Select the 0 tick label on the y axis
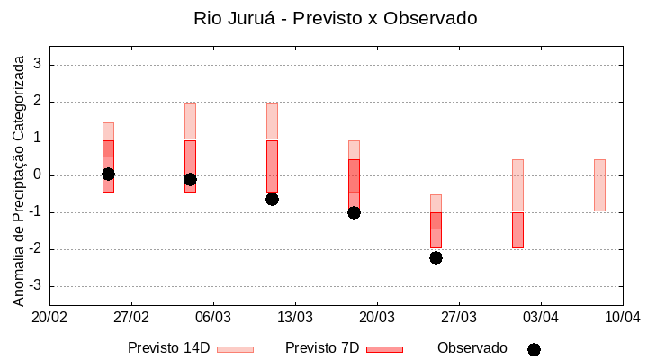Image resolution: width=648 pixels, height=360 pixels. [x=39, y=175]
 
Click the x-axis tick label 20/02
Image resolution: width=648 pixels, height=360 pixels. [x=49, y=318]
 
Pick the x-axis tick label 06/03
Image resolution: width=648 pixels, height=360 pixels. [x=213, y=318]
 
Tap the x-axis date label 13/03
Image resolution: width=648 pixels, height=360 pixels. [x=295, y=318]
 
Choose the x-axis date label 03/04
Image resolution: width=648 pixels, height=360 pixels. [x=540, y=318]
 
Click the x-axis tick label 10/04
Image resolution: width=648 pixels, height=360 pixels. [x=622, y=318]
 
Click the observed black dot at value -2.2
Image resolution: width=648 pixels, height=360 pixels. [x=436, y=257]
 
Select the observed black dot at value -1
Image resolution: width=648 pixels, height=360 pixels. [x=354, y=212]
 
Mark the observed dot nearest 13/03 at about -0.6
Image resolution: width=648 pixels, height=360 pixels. [x=272, y=199]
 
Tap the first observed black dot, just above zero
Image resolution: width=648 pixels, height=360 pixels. [x=108, y=174]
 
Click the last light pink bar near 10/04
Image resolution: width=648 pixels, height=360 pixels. [x=599, y=184]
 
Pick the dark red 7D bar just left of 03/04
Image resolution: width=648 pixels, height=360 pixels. [x=517, y=230]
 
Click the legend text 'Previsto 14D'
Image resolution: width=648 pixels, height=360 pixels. [x=168, y=348]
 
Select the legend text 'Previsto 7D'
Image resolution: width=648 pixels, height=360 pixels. [x=322, y=348]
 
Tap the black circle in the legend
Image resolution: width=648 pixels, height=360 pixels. [x=534, y=349]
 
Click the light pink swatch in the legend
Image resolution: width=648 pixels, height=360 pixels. [x=235, y=349]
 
